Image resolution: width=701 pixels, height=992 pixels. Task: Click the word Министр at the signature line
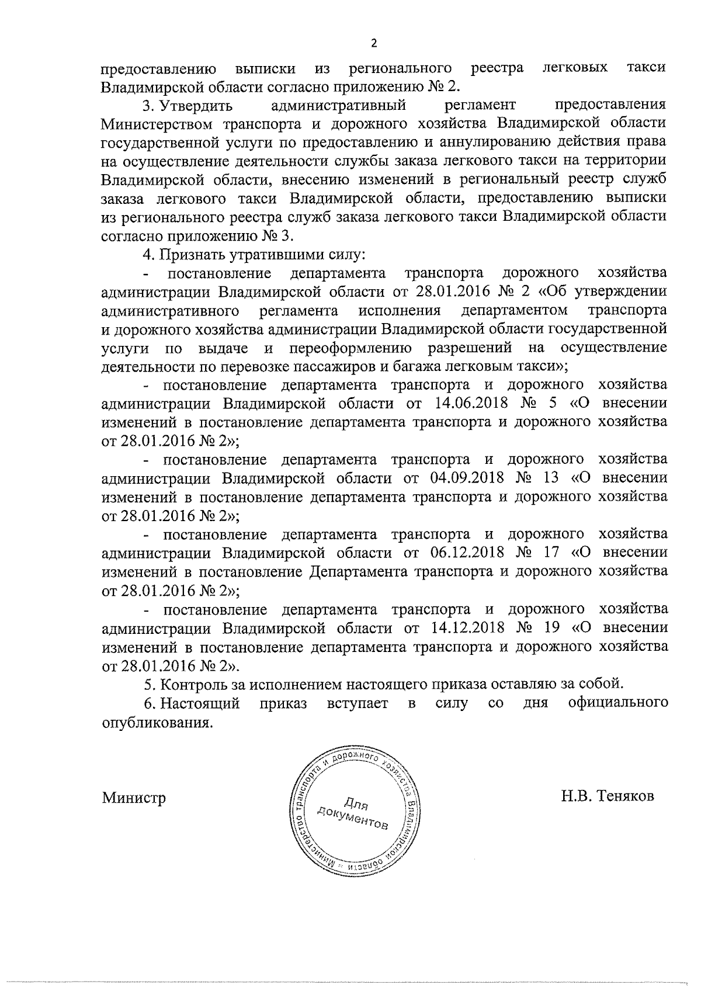point(134,797)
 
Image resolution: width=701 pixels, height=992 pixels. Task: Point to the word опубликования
point(156,722)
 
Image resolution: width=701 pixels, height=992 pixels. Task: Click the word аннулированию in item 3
point(449,143)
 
